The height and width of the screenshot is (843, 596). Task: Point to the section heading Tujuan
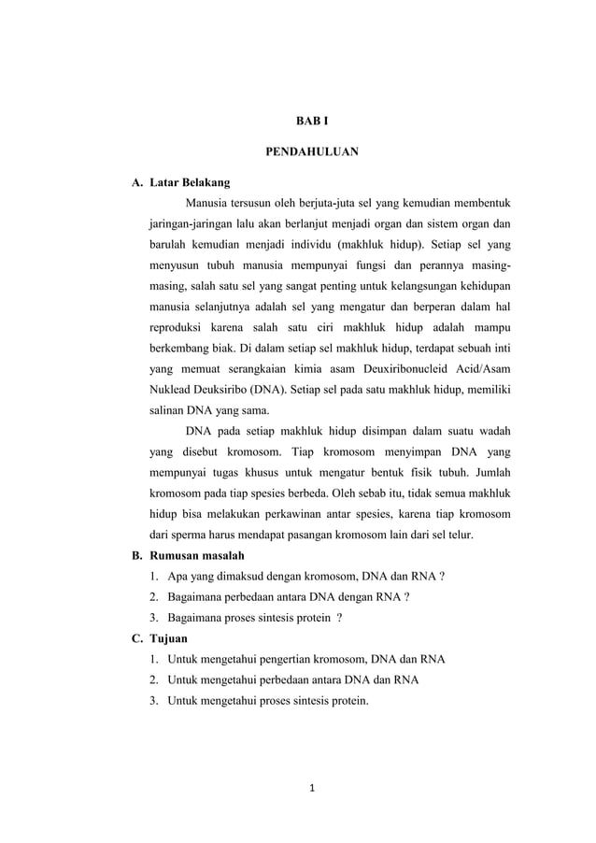pyautogui.click(x=170, y=638)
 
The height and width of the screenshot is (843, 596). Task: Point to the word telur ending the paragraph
pyautogui.click(x=458, y=535)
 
